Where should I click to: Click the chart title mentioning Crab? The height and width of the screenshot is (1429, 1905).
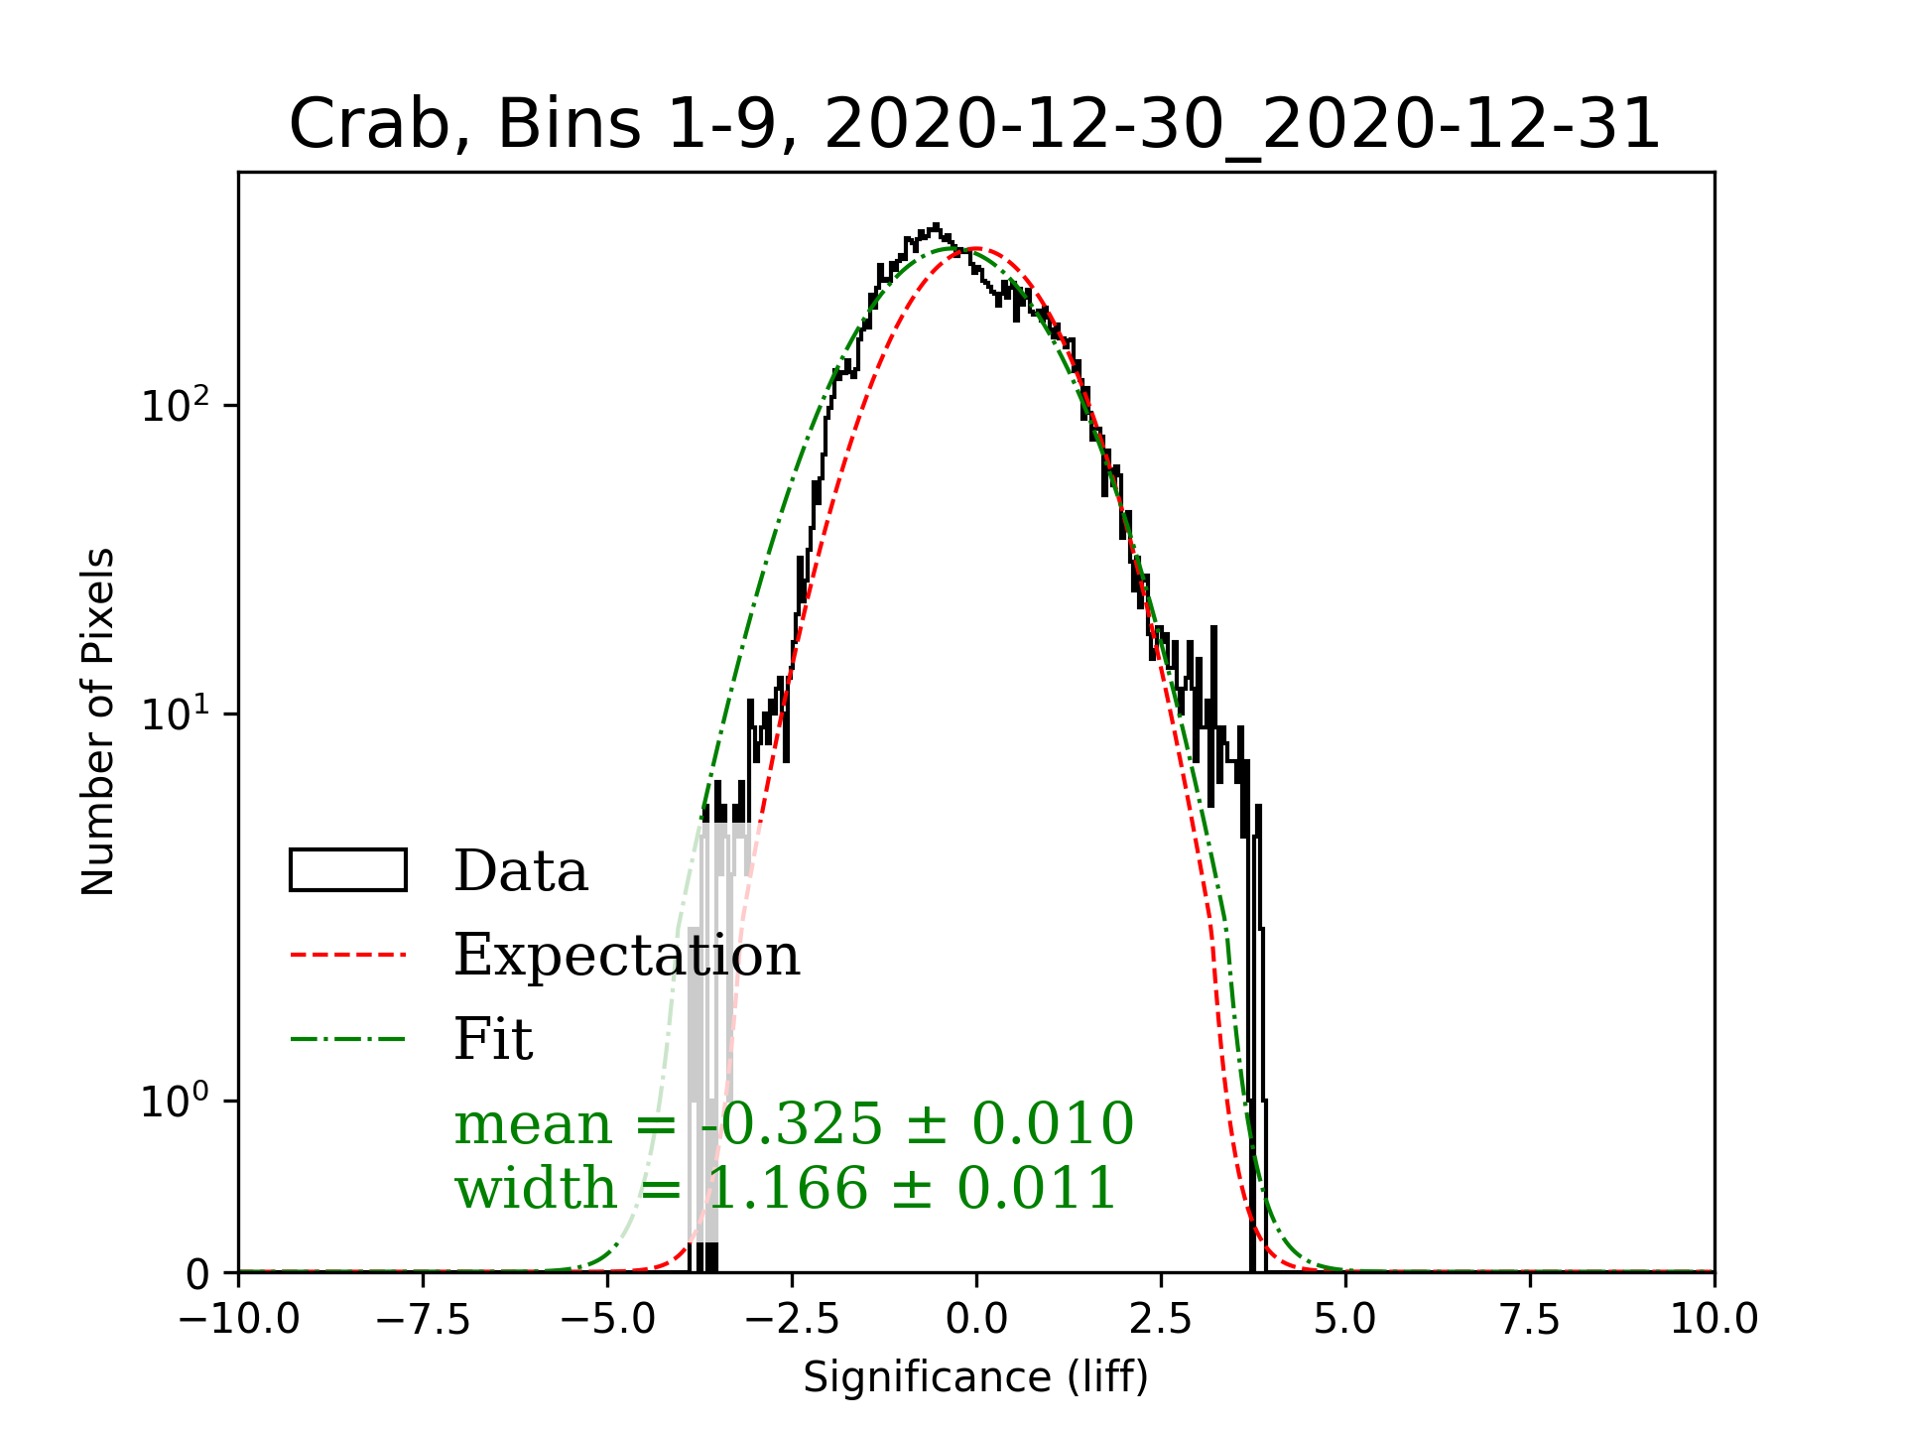tap(974, 125)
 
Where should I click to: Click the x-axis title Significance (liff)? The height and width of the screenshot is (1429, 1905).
tap(975, 1377)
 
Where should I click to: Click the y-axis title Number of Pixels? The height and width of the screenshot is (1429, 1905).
tap(98, 721)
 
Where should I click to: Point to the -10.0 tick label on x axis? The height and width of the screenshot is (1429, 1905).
tap(238, 1320)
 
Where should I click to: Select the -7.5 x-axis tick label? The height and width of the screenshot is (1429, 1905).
tap(423, 1320)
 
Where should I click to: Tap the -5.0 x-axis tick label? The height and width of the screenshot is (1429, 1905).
tap(607, 1320)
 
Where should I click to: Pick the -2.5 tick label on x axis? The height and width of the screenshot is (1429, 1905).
tap(792, 1320)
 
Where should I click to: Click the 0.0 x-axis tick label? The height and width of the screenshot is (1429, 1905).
tap(976, 1320)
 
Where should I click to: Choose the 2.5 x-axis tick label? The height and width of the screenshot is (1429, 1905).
tap(1161, 1320)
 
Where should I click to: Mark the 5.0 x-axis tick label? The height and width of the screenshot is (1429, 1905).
tap(1345, 1320)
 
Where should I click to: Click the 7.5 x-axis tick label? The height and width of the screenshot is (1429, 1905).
tap(1530, 1320)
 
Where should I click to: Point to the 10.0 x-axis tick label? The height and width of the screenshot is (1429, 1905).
tap(1714, 1320)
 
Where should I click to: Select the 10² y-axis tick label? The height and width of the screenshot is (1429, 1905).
tap(177, 405)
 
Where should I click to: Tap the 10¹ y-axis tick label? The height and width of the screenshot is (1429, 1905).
tap(177, 714)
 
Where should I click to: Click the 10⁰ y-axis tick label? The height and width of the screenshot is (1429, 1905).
tap(177, 1101)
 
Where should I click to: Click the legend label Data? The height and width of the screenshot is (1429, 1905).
tap(521, 871)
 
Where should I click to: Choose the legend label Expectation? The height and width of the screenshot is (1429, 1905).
tap(626, 956)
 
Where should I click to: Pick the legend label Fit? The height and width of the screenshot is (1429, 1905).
tap(493, 1039)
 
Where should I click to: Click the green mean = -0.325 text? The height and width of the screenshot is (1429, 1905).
tap(794, 1124)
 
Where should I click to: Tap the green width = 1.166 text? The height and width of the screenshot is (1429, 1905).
tap(786, 1188)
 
